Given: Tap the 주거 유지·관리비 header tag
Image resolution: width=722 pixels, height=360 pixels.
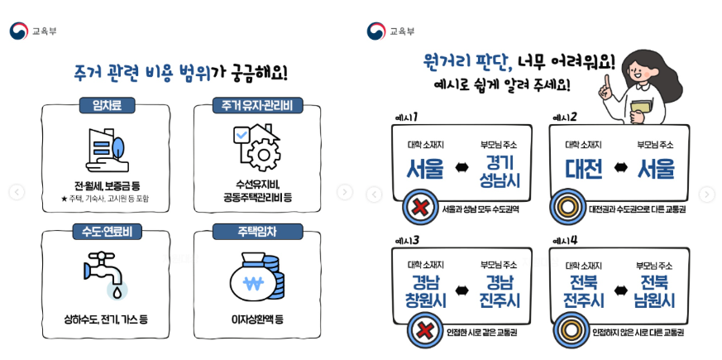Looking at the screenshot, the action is coord(257,105).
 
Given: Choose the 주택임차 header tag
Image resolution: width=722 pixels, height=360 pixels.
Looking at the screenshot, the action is coord(257,229).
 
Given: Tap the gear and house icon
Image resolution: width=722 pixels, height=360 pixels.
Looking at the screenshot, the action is coord(257,149).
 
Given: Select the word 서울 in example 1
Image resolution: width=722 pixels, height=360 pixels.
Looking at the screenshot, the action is coord(427,169).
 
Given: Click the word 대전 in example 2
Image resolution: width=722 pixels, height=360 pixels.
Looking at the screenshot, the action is coord(584,169).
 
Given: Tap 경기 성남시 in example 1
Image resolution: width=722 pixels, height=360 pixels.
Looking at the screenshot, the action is coord(499,169).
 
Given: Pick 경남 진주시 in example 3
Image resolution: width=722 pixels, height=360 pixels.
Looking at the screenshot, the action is coord(499,290).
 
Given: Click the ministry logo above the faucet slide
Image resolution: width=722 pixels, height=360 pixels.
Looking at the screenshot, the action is coord(18,31).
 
